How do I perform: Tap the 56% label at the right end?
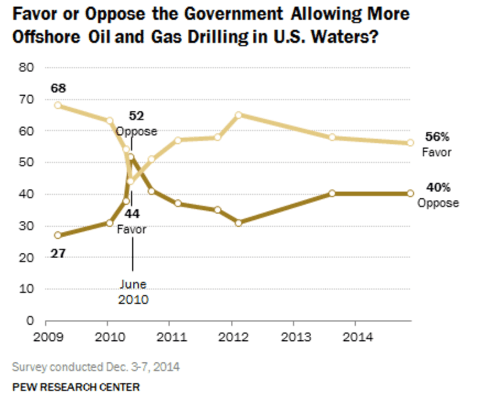pyautogui.click(x=435, y=138)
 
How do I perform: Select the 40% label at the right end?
pyautogui.click(x=437, y=188)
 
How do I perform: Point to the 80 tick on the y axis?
pyautogui.click(x=28, y=68)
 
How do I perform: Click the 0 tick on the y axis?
pyautogui.click(x=31, y=320)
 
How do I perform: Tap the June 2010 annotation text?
pyautogui.click(x=133, y=292)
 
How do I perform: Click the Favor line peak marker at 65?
pyautogui.click(x=238, y=115)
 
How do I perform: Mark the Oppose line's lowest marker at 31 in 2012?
pyautogui.click(x=238, y=222)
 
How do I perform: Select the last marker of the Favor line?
pyautogui.click(x=410, y=143)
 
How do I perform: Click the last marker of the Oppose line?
pyautogui.click(x=410, y=193)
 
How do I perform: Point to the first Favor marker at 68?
pyautogui.click(x=57, y=105)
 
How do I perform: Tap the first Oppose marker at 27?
pyautogui.click(x=57, y=235)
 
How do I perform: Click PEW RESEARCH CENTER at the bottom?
pyautogui.click(x=75, y=387)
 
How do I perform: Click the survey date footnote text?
pyautogui.click(x=95, y=366)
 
